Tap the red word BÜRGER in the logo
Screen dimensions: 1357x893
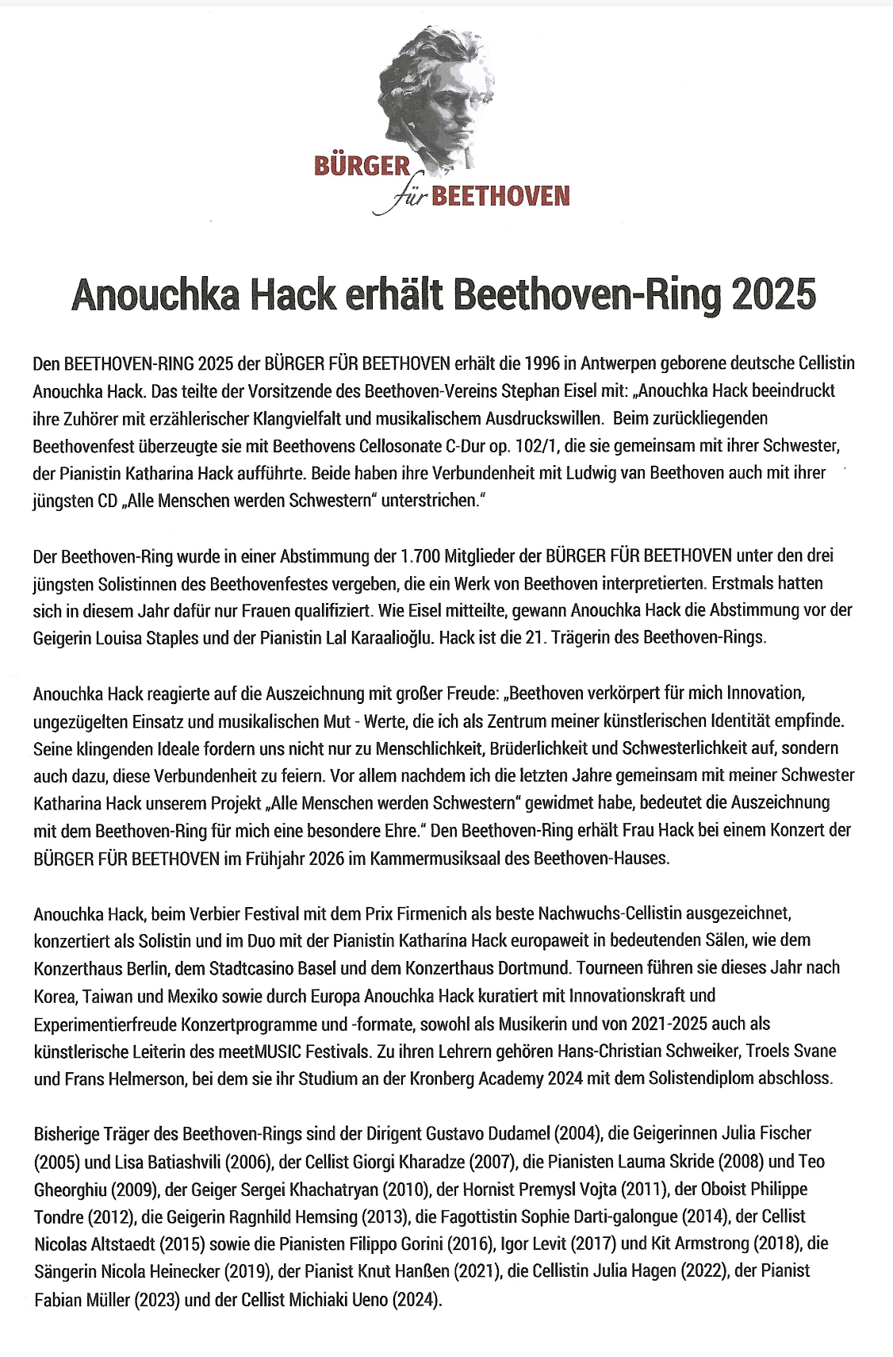[362, 167]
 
